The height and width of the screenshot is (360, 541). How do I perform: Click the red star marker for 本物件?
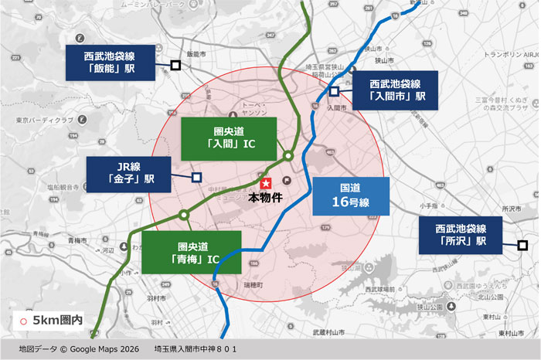point(265,184)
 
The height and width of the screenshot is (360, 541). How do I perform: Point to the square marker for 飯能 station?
point(175,66)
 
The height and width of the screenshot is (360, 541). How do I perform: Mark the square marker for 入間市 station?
point(335,91)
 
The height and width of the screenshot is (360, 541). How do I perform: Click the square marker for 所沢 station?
point(522,246)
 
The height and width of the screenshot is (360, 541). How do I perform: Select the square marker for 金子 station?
point(196,177)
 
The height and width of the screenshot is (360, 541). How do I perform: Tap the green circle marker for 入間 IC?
point(288,155)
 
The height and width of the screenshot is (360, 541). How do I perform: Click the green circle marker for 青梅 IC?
point(184,215)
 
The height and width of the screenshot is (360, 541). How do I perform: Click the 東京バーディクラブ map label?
point(46,121)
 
